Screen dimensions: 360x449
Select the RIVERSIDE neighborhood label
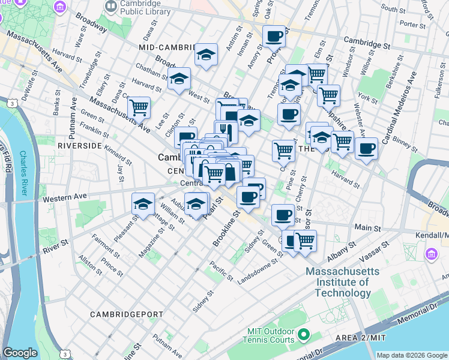[79, 146]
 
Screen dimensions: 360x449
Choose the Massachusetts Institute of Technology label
[343, 282]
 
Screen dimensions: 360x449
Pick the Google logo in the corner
[20, 353]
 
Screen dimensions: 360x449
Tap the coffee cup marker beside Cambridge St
[274, 36]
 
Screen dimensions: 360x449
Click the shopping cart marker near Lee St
[139, 108]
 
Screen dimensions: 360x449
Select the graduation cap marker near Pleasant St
[143, 204]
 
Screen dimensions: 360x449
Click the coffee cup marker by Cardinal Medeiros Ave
[366, 148]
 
